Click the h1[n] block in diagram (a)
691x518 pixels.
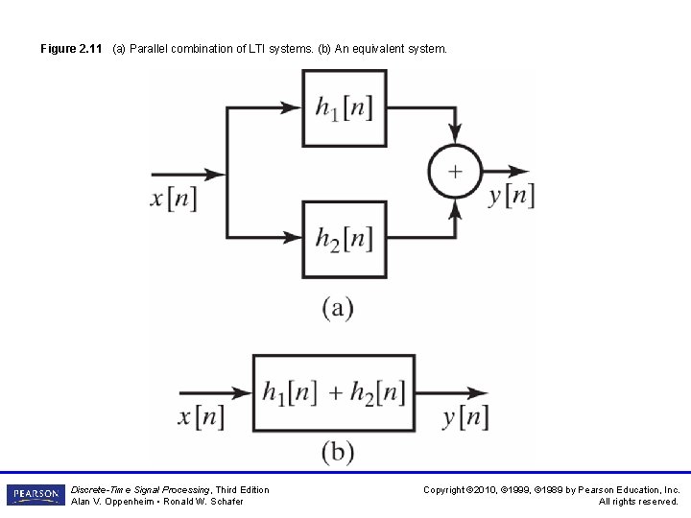[345, 107]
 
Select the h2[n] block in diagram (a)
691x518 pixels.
[345, 238]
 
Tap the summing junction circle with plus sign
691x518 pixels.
[454, 173]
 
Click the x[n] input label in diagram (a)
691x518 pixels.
[174, 198]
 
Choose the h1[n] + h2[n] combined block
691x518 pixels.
[334, 392]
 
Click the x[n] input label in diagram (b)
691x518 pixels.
[202, 417]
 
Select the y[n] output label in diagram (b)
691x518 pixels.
[466, 417]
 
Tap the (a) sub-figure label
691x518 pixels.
[337, 308]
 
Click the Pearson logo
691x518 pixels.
[36, 495]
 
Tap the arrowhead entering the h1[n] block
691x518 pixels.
[292, 107]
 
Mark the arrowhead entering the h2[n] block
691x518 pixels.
[292, 238]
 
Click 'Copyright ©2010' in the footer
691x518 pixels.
[465, 490]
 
